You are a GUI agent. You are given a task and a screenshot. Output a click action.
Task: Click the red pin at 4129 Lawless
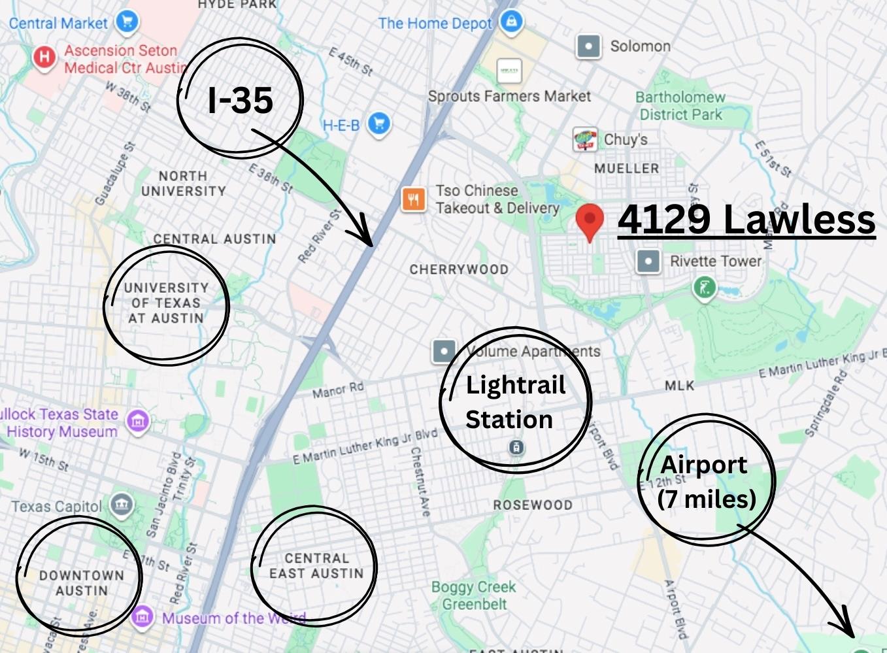coord(590,220)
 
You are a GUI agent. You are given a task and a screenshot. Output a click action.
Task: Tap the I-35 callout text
coord(240,100)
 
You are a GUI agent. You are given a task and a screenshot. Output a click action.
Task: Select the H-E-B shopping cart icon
coord(379,123)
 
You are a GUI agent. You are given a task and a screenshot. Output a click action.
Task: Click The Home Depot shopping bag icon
coord(511,22)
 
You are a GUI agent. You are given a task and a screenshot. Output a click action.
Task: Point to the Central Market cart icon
coord(127,22)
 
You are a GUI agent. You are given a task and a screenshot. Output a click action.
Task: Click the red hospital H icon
coord(44,58)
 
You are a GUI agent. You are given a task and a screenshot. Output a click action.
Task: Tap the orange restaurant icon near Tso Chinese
coord(413,199)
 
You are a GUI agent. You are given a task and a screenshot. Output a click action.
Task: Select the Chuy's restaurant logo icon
coord(584,139)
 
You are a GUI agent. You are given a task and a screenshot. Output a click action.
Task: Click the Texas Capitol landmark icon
coord(122,505)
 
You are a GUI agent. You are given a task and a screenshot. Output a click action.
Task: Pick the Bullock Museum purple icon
coord(138,422)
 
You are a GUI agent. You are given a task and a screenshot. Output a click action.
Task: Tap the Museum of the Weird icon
coord(142,616)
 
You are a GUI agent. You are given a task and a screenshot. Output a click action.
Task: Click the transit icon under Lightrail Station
coord(516,448)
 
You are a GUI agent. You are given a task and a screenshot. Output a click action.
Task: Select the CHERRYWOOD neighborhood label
coord(458,269)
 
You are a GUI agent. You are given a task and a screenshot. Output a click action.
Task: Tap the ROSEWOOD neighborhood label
coord(532,505)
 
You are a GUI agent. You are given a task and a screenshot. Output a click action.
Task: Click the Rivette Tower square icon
coord(648,261)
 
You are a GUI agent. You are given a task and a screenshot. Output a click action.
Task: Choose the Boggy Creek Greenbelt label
coord(473,595)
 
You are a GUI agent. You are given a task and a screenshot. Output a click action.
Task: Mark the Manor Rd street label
coord(337,390)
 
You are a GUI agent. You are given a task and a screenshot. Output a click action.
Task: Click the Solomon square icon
coord(588,46)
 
